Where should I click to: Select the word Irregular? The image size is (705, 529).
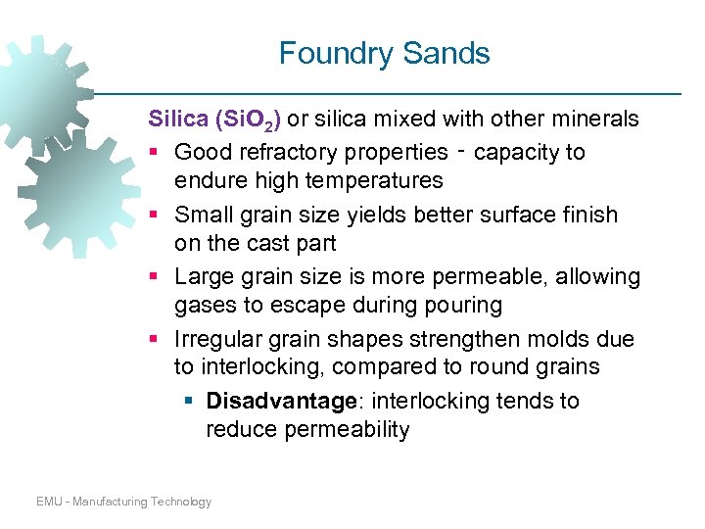pos(216,340)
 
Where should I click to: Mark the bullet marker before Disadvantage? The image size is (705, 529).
pos(187,402)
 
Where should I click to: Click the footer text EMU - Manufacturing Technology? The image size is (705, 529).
pos(123,502)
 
